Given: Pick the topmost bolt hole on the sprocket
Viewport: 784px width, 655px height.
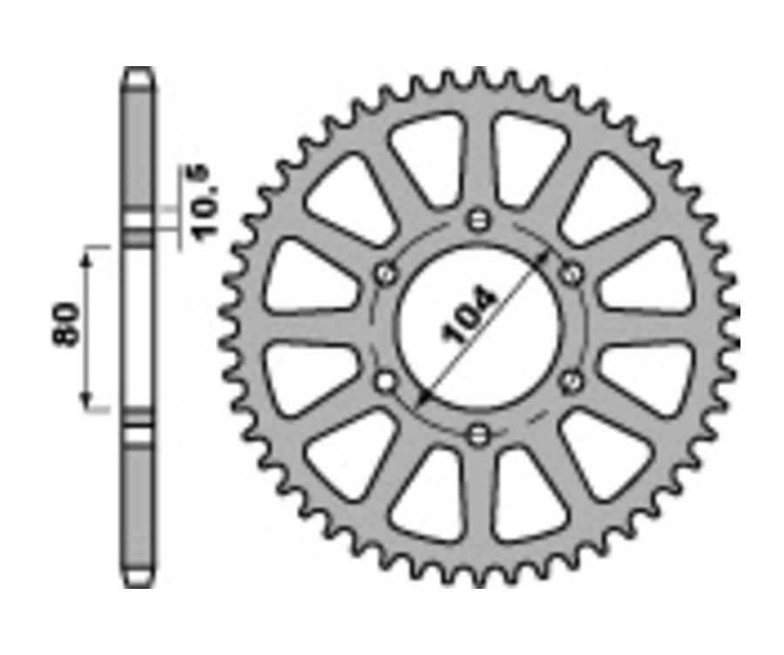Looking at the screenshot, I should pos(476,219).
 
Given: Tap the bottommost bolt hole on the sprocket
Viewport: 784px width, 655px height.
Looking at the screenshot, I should pos(476,434).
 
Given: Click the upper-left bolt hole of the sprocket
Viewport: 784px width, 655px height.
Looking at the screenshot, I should pos(383,274).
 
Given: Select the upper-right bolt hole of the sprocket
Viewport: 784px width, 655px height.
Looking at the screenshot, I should pos(572,274).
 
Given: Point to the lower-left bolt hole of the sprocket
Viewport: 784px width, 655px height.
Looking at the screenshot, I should pos(383,380).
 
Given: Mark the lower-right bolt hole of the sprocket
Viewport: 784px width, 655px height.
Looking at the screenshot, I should pos(572,380).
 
